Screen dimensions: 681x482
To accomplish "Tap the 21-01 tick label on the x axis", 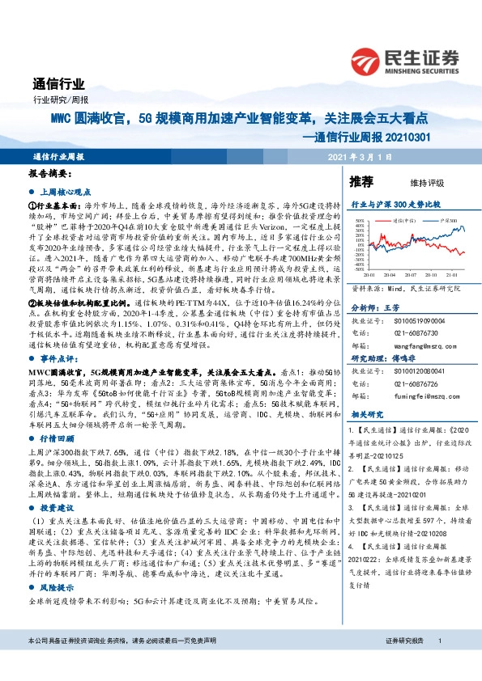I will (456, 276).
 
